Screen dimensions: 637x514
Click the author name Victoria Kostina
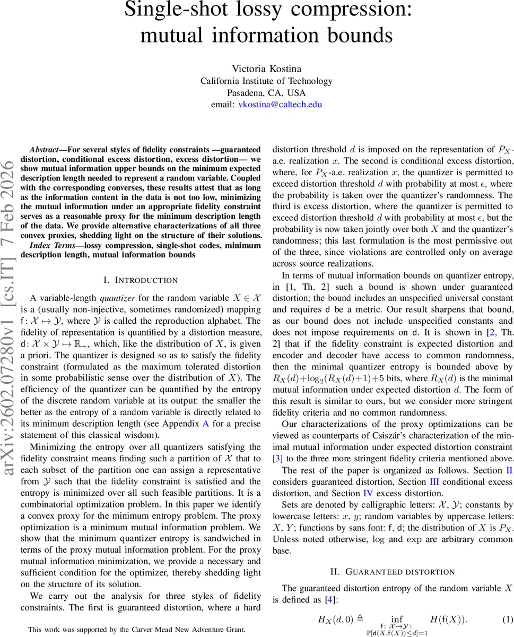pyautogui.click(x=266, y=68)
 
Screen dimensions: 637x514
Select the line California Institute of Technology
pyautogui.click(x=266, y=81)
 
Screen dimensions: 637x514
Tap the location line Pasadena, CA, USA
pyautogui.click(x=266, y=92)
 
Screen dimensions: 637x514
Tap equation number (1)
pyautogui.click(x=507, y=619)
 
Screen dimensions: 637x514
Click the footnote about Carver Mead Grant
pyautogui.click(x=137, y=630)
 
